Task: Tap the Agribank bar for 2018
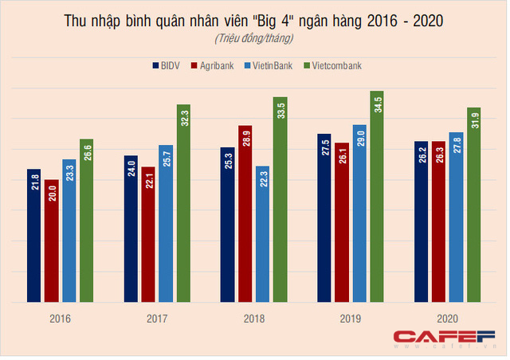(x=245, y=214)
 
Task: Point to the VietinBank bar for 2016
(x=69, y=231)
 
